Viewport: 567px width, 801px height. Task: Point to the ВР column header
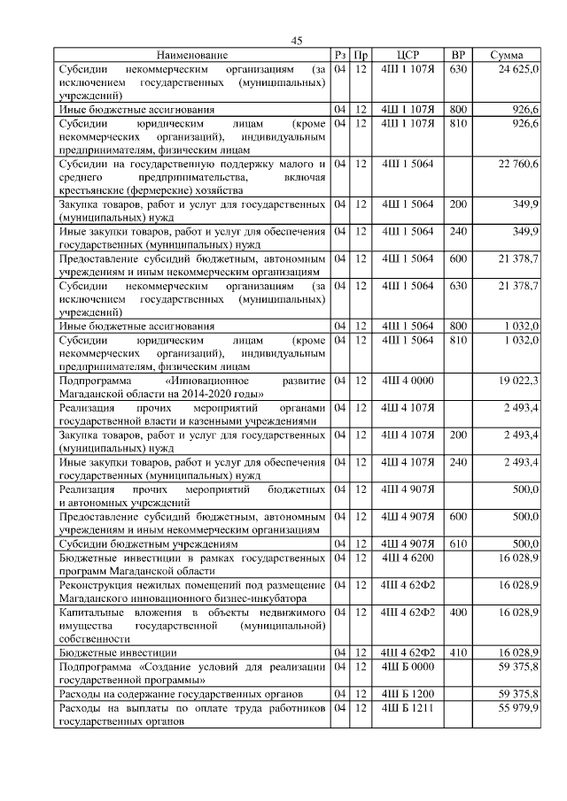tap(458, 56)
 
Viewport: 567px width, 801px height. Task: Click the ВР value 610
tap(458, 543)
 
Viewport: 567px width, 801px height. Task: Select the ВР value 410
tap(458, 652)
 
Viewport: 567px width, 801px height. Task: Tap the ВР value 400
tap(458, 612)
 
